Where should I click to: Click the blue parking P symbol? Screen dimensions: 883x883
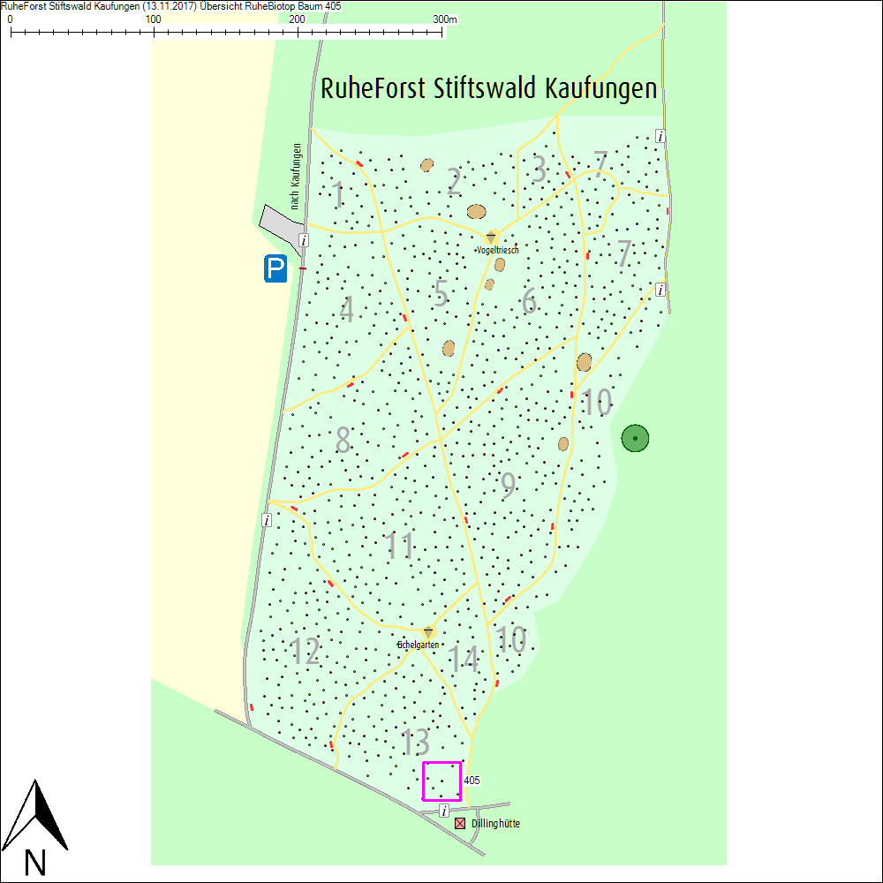point(275,268)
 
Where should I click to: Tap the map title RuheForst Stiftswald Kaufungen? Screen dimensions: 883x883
point(489,89)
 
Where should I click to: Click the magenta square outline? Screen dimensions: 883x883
point(441,781)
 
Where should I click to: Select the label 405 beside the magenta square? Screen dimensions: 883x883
point(472,781)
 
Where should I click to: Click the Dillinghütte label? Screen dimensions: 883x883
point(495,824)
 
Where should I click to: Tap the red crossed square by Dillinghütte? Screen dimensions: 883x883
point(460,824)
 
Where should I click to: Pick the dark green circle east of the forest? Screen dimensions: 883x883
point(635,438)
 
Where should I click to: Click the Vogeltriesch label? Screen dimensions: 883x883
point(497,251)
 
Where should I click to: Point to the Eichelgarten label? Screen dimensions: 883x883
point(418,645)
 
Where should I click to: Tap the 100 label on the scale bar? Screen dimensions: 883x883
point(154,19)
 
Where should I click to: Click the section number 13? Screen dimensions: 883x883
point(415,743)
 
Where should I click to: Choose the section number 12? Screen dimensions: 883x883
point(306,652)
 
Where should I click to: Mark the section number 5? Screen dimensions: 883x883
point(440,293)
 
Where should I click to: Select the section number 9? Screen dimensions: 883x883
point(508,486)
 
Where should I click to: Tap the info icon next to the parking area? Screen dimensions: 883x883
point(303,240)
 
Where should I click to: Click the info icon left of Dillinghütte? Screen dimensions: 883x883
point(444,811)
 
